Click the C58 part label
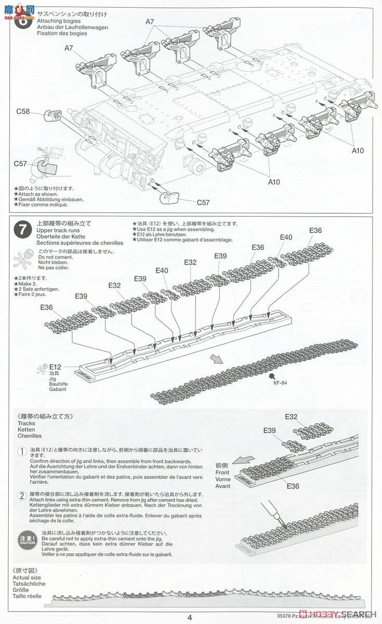[x=23, y=111]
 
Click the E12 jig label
[x=56, y=367]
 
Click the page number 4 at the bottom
[x=190, y=617]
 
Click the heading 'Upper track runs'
[x=59, y=230]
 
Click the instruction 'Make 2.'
[x=26, y=283]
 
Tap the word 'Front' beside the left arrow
[x=222, y=473]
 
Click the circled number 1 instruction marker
[x=22, y=452]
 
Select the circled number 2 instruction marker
[x=22, y=494]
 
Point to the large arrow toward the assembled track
[x=217, y=359]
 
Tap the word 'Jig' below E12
[x=53, y=379]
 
